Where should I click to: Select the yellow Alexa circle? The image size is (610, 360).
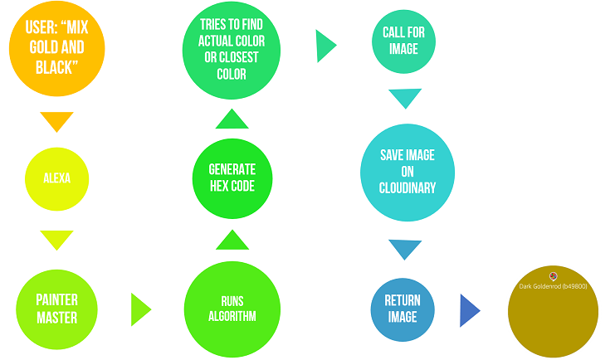pos(57,178)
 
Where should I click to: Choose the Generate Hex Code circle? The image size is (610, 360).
pos(232,178)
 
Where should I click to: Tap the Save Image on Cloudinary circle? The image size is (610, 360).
pos(407,172)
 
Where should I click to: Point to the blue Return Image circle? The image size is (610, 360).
pos(403,309)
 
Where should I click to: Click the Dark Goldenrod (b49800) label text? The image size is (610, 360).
pos(553,286)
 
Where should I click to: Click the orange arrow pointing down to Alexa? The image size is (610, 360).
pos(57,121)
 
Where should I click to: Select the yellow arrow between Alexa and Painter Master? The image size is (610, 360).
pos(57,240)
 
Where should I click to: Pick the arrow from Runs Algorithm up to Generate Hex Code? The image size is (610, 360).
pos(232,240)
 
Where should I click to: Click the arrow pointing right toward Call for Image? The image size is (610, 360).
pos(325,46)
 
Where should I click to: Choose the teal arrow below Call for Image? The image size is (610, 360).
pos(405,98)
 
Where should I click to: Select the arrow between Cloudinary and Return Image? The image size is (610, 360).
pos(405,249)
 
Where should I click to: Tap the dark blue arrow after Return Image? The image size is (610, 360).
pos(469,310)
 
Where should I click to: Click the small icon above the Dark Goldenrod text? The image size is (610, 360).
pos(553,275)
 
